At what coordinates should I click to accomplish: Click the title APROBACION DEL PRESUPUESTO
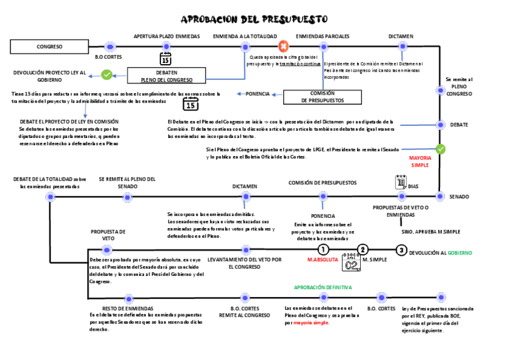(254, 20)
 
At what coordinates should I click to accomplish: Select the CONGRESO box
(49, 46)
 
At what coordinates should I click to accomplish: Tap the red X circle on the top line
(283, 46)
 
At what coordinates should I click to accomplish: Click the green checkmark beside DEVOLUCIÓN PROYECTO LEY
(106, 75)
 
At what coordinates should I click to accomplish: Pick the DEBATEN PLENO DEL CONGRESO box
(166, 76)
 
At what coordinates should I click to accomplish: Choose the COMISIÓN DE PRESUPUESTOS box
(322, 97)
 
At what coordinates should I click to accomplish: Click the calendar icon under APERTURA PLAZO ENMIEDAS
(166, 59)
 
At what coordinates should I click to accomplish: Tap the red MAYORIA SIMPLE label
(420, 161)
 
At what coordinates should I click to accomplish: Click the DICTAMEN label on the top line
(400, 36)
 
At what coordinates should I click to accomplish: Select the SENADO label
(459, 197)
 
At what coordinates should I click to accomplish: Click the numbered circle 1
(323, 250)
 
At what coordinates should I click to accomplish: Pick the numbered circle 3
(402, 250)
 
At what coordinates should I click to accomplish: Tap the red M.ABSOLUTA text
(322, 260)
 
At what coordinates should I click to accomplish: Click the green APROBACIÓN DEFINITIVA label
(323, 287)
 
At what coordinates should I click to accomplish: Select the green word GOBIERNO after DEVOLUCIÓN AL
(459, 253)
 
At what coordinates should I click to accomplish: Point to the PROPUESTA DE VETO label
(108, 235)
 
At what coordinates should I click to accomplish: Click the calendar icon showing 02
(351, 262)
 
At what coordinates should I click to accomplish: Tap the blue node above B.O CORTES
(109, 46)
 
